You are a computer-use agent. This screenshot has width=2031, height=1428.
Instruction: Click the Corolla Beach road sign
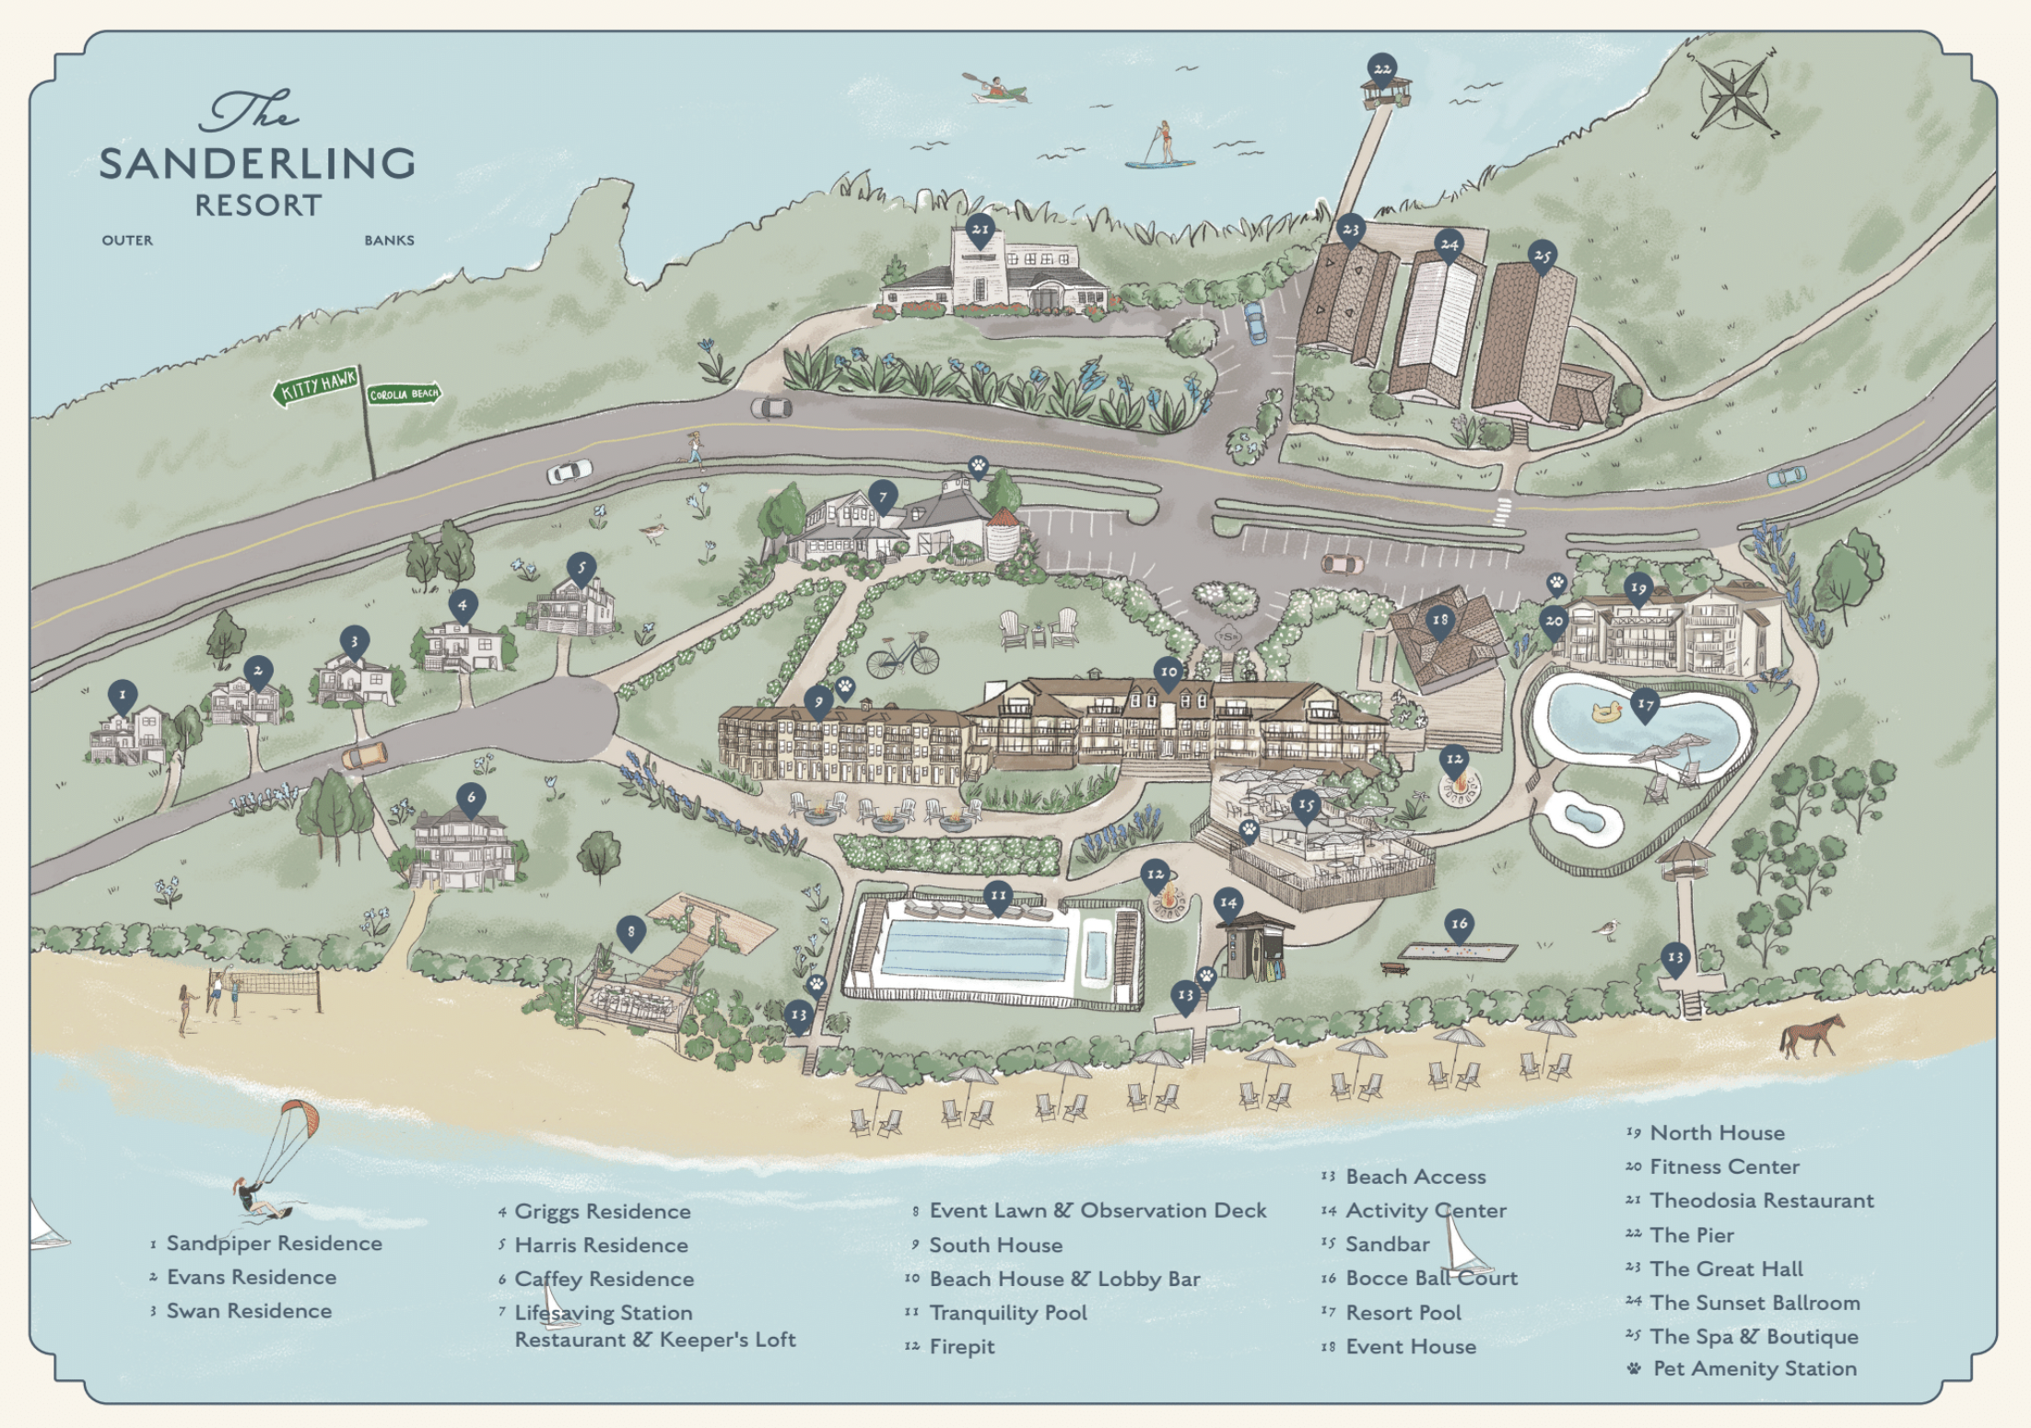coord(405,394)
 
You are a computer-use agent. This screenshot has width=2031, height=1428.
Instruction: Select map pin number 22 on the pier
coord(1381,70)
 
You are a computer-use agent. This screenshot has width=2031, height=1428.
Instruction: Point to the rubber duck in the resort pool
coord(1606,711)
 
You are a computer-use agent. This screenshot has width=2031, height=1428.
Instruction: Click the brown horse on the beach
coord(1812,1036)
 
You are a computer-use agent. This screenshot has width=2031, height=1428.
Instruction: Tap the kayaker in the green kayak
coord(994,88)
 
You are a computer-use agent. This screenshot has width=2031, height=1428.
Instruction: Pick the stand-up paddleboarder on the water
coord(1160,147)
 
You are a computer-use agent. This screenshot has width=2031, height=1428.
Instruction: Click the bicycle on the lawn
coord(902,654)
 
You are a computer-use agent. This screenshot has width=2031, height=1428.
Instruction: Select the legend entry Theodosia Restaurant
coord(1761,1200)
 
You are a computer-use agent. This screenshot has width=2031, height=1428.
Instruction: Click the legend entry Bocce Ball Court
coord(1431,1278)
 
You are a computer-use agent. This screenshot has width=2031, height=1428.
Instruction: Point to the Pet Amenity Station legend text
coord(1755,1368)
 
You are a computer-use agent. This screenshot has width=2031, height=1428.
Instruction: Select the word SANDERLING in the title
coord(257,164)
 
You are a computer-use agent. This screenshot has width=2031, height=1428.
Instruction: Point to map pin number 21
coord(980,232)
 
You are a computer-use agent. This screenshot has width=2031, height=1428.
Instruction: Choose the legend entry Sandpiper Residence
coord(274,1244)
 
